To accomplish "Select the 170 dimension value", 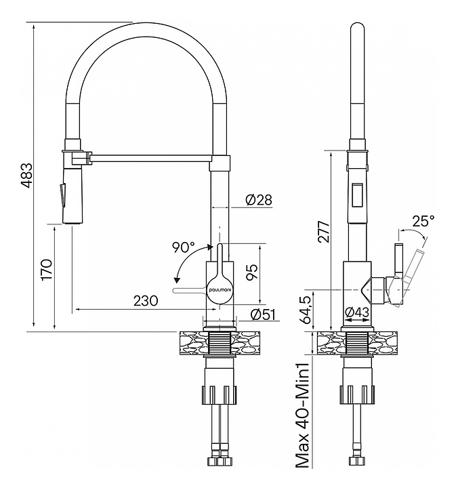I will (47, 269).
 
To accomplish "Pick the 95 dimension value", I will (251, 272).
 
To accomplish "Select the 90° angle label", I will (183, 247).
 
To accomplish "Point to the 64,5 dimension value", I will (306, 308).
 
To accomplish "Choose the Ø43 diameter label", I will (356, 312).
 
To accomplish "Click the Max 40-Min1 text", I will (303, 415).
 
